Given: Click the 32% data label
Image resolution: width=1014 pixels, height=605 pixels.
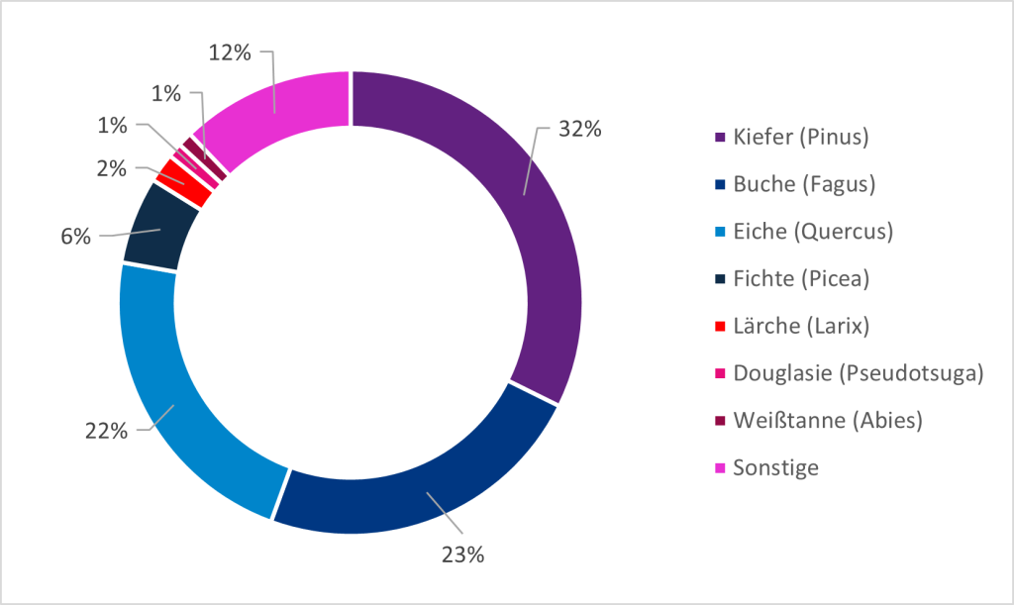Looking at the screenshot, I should coord(579,129).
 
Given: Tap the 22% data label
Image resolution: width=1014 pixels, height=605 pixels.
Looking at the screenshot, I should coord(106,432).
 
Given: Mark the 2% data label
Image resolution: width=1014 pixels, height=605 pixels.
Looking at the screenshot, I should coord(111,168).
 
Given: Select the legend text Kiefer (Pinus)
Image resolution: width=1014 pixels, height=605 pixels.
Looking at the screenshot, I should coord(801,137).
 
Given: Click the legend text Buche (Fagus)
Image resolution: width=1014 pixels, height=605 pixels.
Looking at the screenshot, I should coord(803,184).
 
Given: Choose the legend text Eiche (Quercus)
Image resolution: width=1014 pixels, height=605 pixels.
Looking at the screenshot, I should coord(813,232).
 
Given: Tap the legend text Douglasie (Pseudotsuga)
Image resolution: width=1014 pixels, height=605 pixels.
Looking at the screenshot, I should coord(858,373).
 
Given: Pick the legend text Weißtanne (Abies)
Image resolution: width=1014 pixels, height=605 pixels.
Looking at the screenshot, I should coord(828,421).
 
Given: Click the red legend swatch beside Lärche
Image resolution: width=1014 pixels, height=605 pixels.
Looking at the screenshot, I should coord(720,327).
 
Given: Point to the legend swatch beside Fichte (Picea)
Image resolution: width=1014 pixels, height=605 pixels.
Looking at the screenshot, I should coord(720,279).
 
